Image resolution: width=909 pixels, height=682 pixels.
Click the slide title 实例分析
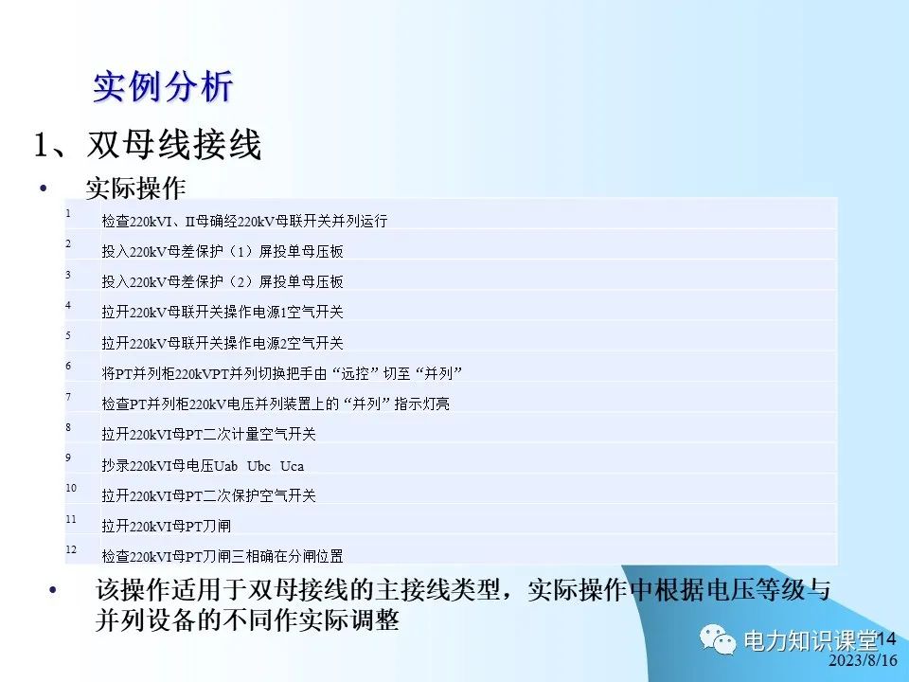coord(162,87)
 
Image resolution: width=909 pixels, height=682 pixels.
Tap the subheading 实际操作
coord(134,188)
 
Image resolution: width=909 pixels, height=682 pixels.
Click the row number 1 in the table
coord(68,213)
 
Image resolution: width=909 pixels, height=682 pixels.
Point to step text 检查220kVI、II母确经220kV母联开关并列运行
coord(244,221)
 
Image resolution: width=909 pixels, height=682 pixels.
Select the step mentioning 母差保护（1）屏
coord(222,251)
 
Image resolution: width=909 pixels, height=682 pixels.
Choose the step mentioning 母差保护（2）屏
coord(222,281)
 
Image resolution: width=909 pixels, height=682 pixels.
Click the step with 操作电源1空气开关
coord(222,312)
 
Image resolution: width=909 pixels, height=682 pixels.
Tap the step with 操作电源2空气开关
coord(222,342)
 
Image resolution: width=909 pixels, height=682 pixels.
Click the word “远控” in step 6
coord(365,372)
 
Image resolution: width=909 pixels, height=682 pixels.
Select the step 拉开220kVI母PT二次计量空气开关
coord(208,434)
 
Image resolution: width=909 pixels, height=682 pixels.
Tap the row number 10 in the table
coord(71,488)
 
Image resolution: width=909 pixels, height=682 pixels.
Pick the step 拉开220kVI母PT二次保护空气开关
coord(208,495)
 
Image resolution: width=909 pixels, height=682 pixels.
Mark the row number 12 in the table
coord(71,548)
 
